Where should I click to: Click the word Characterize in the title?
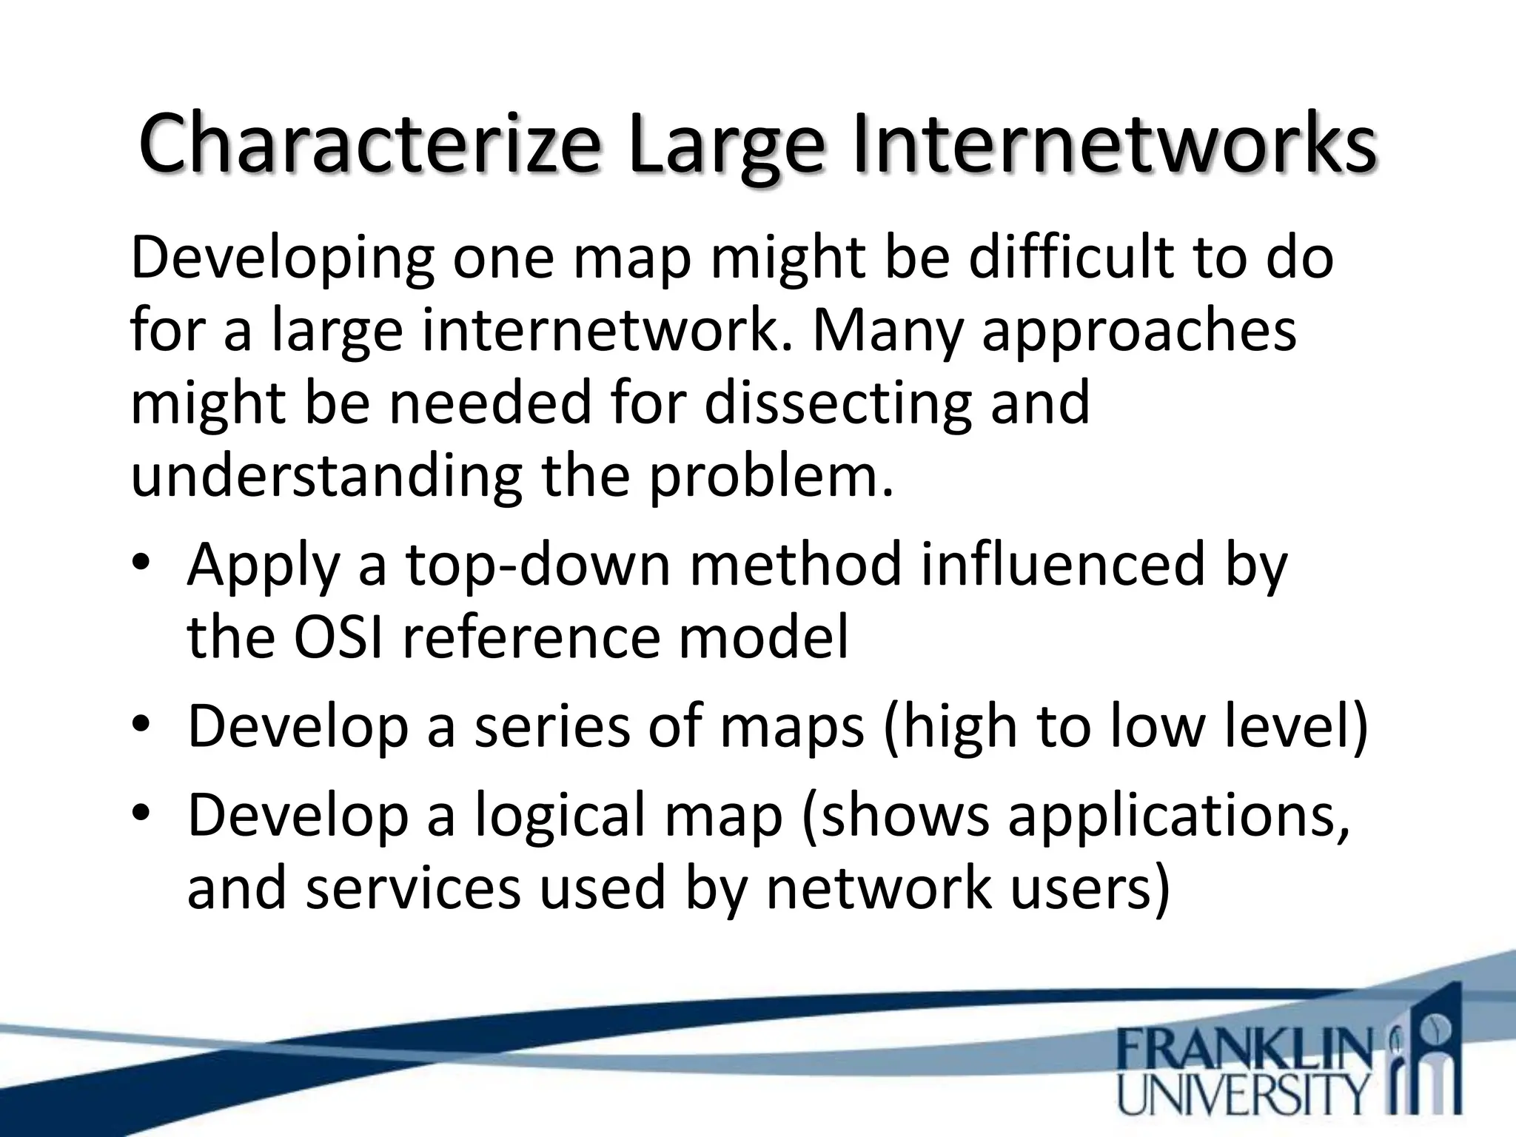tap(368, 144)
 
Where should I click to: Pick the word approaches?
tap(1139, 331)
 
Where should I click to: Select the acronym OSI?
tap(338, 637)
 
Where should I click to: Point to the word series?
tap(553, 726)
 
